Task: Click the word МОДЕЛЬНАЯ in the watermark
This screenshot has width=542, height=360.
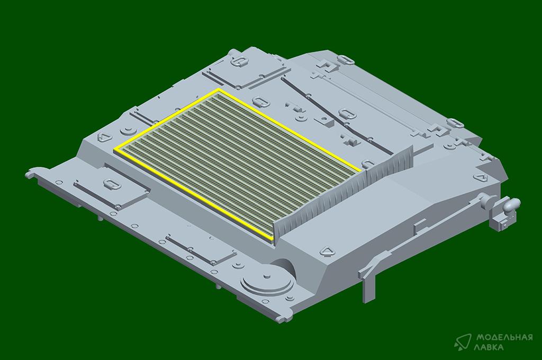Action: [x=504, y=337]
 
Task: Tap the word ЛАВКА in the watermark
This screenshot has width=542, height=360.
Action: [x=490, y=347]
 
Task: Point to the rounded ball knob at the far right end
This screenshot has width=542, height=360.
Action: [x=512, y=204]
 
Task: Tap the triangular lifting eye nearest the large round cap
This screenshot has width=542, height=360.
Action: [x=326, y=251]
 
